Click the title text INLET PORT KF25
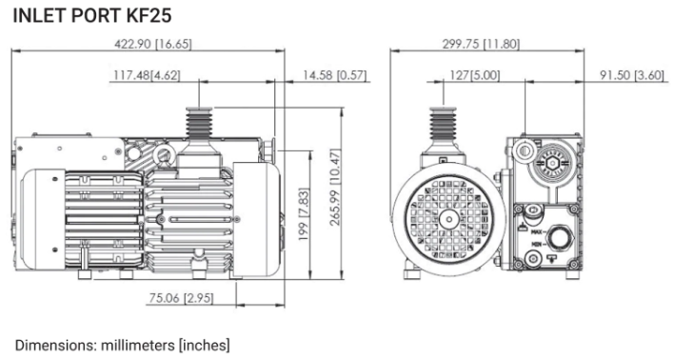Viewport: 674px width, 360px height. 92,15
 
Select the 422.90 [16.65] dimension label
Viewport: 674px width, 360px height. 153,44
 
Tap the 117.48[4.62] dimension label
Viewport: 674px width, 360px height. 147,75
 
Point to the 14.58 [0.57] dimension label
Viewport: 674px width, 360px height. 335,75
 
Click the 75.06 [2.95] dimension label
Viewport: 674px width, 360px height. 181,298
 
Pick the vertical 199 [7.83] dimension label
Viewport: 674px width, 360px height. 304,213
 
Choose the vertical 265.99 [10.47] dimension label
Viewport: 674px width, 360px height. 335,187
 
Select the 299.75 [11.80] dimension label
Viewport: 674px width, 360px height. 481,44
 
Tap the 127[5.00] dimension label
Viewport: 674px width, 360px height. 474,75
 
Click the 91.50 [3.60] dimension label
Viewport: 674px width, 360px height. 632,75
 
